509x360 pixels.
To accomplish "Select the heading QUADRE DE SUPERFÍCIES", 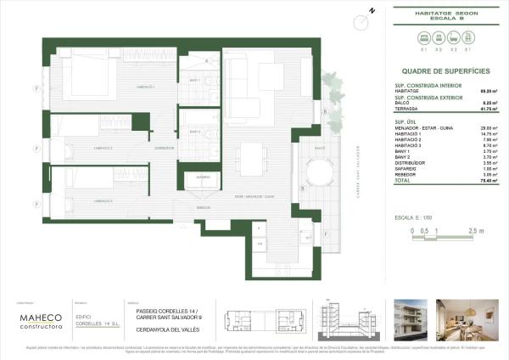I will click(x=436, y=72).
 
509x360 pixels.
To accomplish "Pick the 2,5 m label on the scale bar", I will click(x=477, y=230).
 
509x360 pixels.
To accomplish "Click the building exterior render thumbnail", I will click(x=402, y=320).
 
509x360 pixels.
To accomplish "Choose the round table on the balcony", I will click(x=320, y=175).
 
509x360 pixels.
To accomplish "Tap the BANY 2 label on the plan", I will click(x=196, y=134).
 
